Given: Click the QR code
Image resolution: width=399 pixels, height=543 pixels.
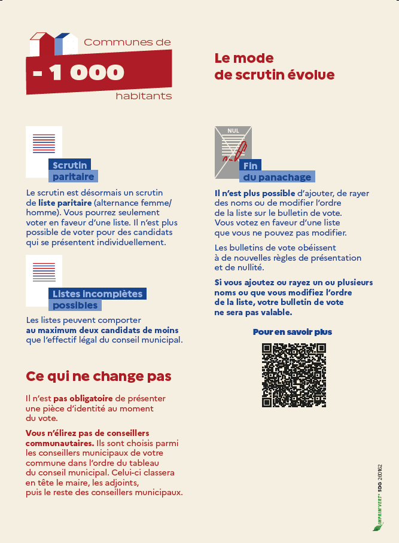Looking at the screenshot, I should point(294,375).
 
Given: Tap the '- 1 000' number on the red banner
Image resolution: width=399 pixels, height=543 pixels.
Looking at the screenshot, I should point(79,72).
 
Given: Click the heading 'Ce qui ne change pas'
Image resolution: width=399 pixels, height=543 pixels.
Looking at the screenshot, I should point(99,376).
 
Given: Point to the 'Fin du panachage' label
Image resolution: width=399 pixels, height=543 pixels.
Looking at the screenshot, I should point(277,171).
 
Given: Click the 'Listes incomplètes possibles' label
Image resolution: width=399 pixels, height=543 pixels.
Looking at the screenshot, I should point(97,299).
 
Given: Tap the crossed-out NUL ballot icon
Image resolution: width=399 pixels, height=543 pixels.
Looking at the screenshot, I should point(233,152).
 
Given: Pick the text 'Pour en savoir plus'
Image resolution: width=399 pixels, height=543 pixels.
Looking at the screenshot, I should point(293,331).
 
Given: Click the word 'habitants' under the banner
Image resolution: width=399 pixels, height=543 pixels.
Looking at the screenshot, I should point(144,96).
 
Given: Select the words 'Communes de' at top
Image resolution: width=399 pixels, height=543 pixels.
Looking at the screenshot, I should point(127,42).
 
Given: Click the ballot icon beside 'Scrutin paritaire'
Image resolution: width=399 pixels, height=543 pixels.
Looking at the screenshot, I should point(44,151).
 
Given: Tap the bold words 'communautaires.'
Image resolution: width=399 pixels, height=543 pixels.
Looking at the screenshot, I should point(59,443).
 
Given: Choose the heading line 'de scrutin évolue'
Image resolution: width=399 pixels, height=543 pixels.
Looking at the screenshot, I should point(275,75).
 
